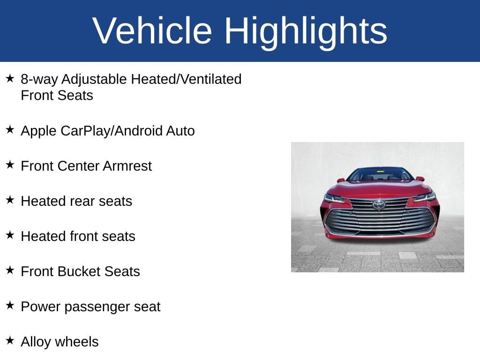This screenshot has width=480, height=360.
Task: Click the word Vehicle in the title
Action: [x=152, y=30]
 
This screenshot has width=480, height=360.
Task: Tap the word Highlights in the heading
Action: [x=306, y=33]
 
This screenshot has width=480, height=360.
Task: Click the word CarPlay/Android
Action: [x=112, y=131]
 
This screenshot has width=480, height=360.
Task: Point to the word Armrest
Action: [x=127, y=166]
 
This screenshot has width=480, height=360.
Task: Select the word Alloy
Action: [x=36, y=342]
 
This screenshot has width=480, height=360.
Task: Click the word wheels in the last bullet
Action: [x=77, y=342]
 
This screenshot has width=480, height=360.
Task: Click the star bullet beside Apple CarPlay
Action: [x=10, y=129]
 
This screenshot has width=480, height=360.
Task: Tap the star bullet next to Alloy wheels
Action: [x=10, y=340]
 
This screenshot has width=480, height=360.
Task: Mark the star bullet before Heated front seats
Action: [x=10, y=235]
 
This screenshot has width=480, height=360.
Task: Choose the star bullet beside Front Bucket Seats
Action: [x=10, y=270]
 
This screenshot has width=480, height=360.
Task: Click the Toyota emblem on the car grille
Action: [x=379, y=204]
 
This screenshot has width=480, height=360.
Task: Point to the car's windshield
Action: [x=380, y=174]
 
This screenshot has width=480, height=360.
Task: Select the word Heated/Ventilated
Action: [x=186, y=79]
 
